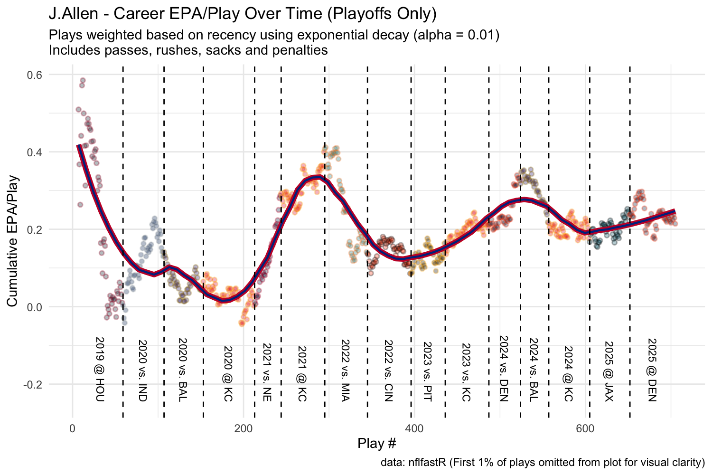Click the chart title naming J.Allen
[x=242, y=14]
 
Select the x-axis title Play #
[x=376, y=444]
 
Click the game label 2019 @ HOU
[x=99, y=369]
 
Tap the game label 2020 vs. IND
[x=142, y=370]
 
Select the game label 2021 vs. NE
[x=267, y=373]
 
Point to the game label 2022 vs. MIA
[x=345, y=370]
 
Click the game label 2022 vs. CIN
[x=388, y=370]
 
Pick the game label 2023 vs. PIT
[x=427, y=371]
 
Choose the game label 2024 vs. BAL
[x=533, y=370]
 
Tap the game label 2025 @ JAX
[x=609, y=371]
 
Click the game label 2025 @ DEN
[x=652, y=370]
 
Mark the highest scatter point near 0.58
[x=83, y=80]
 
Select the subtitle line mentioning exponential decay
[x=274, y=36]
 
